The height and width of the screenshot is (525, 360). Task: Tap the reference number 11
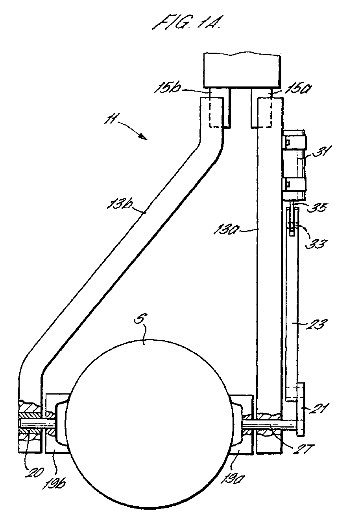[x=110, y=120]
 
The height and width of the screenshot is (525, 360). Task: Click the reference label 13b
[x=120, y=203]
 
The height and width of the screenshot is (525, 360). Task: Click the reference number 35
[x=317, y=207]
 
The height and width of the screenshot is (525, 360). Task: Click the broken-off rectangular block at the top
[x=242, y=71]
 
